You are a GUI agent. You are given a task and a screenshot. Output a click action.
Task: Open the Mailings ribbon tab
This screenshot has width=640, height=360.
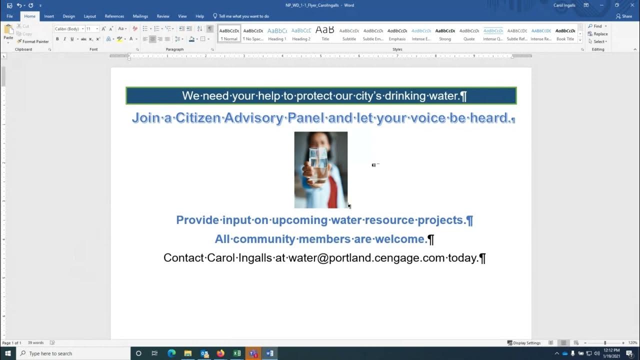pyautogui.click(x=140, y=16)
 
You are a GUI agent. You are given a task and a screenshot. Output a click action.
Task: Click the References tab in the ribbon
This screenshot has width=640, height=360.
pyautogui.click(x=114, y=16)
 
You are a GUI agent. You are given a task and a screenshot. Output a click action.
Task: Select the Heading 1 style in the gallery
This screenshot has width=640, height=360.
pyautogui.click(x=277, y=34)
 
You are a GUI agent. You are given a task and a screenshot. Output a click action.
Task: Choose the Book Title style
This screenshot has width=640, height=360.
pyautogui.click(x=565, y=34)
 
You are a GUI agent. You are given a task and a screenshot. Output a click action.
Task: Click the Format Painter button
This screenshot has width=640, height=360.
pyautogui.click(x=33, y=41)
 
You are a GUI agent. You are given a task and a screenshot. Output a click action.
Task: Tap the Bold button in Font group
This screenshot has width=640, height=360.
pyautogui.click(x=57, y=39)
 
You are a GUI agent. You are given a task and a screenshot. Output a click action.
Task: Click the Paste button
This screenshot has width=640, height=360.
pyautogui.click(x=8, y=33)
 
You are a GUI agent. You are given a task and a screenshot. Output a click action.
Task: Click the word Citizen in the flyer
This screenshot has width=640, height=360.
pyautogui.click(x=198, y=118)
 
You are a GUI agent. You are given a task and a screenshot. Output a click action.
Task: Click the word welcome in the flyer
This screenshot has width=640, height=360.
pyautogui.click(x=400, y=239)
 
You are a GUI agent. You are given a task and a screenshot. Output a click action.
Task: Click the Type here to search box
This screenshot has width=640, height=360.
pyautogui.click(x=75, y=353)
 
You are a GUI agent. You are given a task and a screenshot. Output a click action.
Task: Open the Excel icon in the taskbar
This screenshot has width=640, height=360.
pyautogui.click(x=237, y=353)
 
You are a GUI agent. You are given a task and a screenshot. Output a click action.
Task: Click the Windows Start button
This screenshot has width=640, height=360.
pyautogui.click(x=8, y=353)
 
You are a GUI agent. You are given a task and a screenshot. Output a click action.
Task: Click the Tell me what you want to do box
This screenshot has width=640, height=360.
pyautogui.click(x=244, y=16)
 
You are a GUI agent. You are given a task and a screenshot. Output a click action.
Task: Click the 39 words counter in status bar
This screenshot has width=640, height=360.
pyautogui.click(x=35, y=343)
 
